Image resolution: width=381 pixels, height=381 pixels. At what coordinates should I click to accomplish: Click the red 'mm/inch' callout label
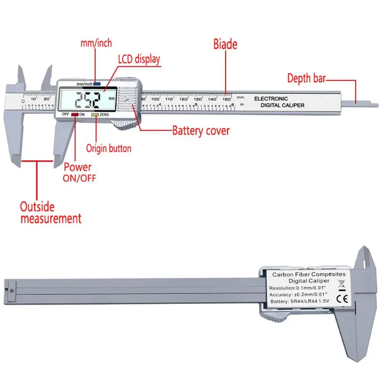point(96,43)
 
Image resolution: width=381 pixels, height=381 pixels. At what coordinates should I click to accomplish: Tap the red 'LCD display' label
point(139,59)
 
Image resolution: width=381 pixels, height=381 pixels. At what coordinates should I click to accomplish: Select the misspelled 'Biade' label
point(225,44)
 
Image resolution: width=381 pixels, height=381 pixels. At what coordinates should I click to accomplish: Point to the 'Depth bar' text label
point(306,78)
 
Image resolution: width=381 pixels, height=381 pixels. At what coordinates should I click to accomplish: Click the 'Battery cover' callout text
point(201,131)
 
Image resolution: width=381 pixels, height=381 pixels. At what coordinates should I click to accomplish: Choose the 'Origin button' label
point(109,148)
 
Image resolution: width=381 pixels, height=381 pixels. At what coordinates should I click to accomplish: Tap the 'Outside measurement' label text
point(50,213)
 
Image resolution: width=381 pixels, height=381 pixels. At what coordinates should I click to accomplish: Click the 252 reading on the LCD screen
point(88,101)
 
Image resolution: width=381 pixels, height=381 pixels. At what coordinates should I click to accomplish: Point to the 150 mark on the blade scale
point(226,99)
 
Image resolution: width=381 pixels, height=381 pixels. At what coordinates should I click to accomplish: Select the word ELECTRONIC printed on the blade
point(271,98)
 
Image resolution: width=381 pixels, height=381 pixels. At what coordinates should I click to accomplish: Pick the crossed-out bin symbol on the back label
point(341,284)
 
